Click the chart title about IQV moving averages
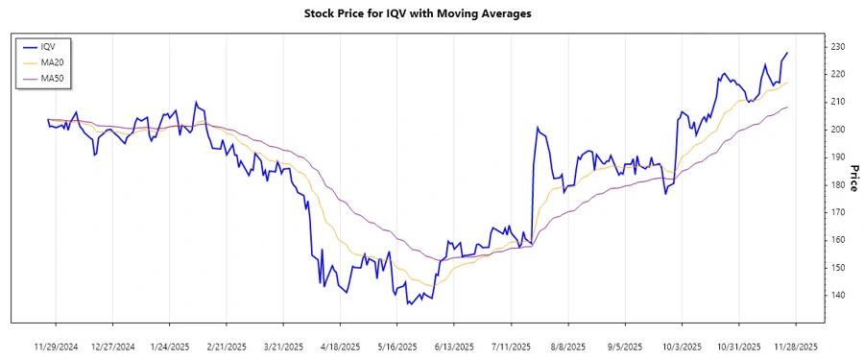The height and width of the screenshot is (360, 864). tap(417, 13)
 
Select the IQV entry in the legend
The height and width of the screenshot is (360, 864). tap(48, 46)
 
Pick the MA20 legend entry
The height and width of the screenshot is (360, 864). tap(52, 62)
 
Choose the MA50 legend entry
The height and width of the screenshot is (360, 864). tap(52, 78)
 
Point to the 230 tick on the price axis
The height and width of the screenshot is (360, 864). tap(837, 46)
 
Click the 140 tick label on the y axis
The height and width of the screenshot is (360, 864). tap(837, 295)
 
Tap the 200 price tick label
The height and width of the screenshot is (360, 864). tap(837, 129)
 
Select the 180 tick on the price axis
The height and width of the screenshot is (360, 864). tap(837, 184)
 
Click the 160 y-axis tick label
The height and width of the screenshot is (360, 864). tap(837, 240)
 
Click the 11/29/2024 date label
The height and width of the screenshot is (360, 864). tap(55, 346)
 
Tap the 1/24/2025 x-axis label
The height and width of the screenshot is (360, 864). tap(169, 346)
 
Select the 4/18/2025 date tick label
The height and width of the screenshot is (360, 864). tap(340, 346)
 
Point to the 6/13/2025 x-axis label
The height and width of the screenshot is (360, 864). tap(454, 346)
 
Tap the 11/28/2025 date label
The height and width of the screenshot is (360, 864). tap(796, 346)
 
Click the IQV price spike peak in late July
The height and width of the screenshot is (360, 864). tap(538, 127)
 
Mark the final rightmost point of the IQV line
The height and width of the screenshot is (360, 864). tap(788, 53)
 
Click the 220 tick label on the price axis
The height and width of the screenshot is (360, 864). tap(837, 74)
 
